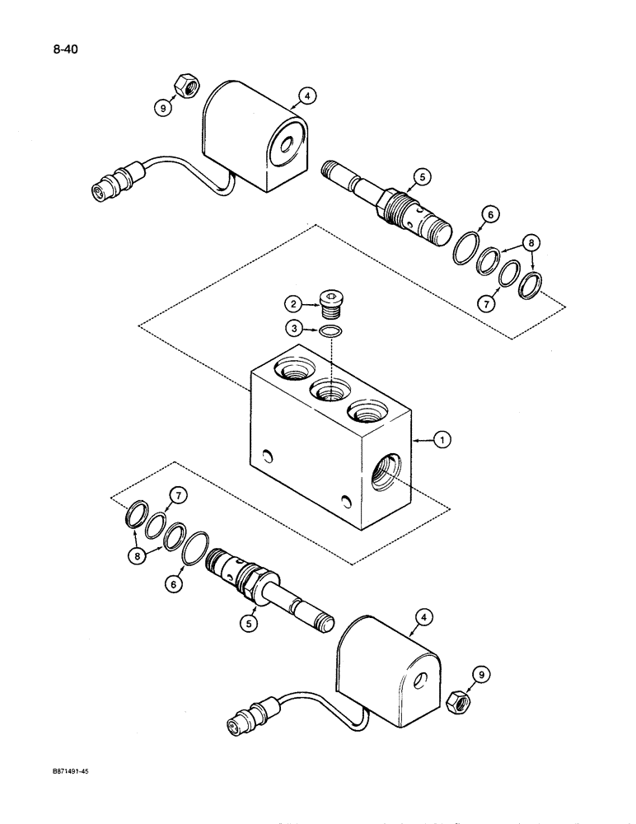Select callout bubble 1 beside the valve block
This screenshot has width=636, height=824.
pos(443,441)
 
